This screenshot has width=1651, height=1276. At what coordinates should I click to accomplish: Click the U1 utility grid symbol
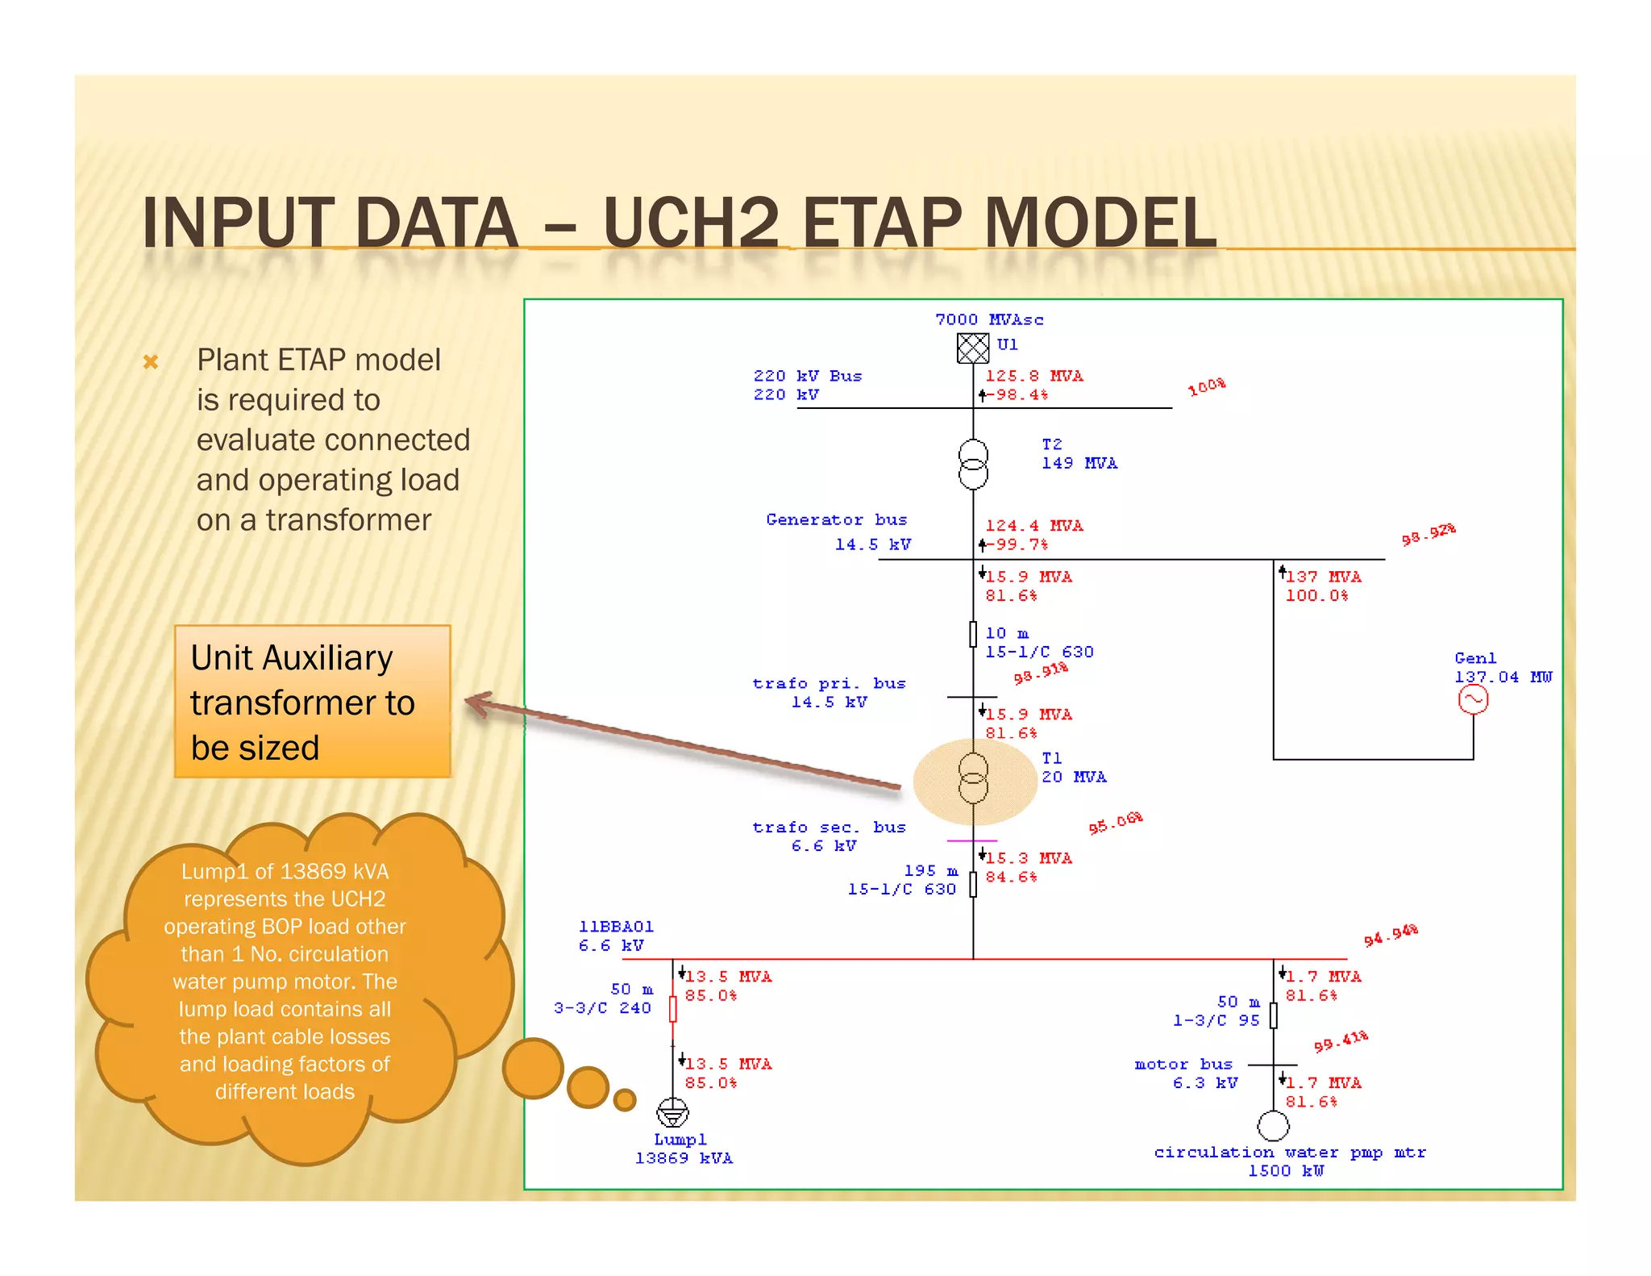pyautogui.click(x=972, y=348)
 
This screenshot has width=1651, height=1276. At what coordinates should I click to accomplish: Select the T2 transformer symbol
pyautogui.click(x=973, y=465)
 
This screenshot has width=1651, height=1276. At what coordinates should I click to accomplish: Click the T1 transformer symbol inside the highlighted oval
pyautogui.click(x=973, y=778)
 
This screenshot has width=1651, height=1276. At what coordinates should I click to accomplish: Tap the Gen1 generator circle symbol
pyautogui.click(x=1473, y=699)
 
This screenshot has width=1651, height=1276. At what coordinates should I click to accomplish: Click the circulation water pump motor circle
pyautogui.click(x=1273, y=1126)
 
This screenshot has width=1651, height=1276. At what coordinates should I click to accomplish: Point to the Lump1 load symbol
pyautogui.click(x=672, y=1113)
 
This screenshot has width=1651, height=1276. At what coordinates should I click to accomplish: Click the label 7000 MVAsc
pyautogui.click(x=989, y=320)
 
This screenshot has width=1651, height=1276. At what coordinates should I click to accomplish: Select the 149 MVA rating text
pyautogui.click(x=1079, y=464)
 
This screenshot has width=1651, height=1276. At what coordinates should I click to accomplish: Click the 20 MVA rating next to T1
pyautogui.click(x=1074, y=778)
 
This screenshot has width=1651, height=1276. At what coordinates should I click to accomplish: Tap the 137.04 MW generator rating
pyautogui.click(x=1503, y=678)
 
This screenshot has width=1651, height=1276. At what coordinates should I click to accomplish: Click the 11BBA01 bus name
pyautogui.click(x=616, y=927)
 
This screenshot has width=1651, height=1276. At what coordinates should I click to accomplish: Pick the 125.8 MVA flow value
pyautogui.click(x=1034, y=377)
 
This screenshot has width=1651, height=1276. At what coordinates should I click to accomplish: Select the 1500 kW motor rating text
pyautogui.click(x=1286, y=1171)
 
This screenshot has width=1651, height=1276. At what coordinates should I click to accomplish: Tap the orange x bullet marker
pyautogui.click(x=151, y=362)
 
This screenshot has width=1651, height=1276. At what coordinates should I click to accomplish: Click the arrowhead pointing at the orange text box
pyautogui.click(x=477, y=703)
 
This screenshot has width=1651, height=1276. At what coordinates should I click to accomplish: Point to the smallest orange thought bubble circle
pyautogui.click(x=625, y=1099)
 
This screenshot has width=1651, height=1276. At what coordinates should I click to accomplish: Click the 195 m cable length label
pyautogui.click(x=931, y=871)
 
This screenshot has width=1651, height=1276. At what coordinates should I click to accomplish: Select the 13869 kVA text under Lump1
pyautogui.click(x=684, y=1159)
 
